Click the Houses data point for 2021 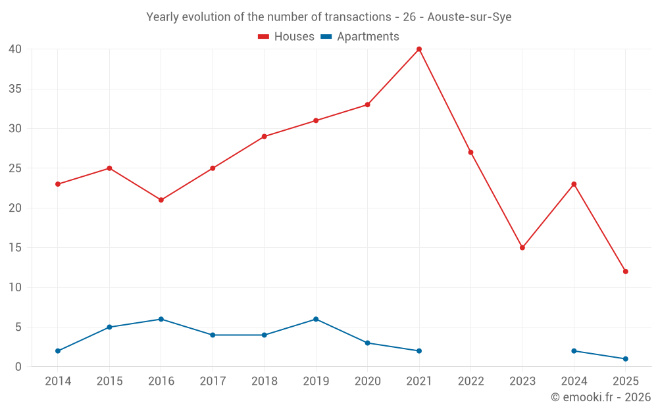point(419,49)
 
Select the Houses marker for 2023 point(522,248)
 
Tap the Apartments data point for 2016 point(161,320)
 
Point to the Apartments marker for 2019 point(316,320)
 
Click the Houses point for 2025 point(625,272)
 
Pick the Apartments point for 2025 point(625,359)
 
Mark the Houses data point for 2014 point(58,184)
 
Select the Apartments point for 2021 point(419,351)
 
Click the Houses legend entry point(286,37)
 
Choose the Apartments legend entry point(360,37)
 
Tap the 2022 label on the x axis point(470,381)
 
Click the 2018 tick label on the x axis point(265,381)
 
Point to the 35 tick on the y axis point(15,89)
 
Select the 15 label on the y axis point(15,248)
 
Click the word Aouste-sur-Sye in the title point(469,17)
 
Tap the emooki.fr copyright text point(601,397)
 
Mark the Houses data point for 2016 point(161,200)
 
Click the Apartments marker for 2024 point(574,351)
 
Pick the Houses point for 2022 point(470,153)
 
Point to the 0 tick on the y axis point(18,367)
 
